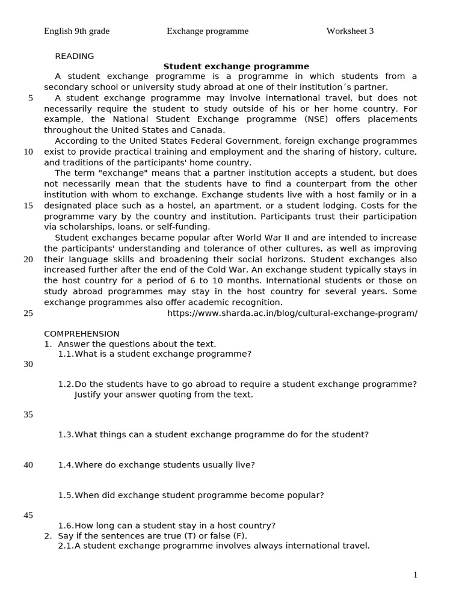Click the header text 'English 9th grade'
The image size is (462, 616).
tap(76, 31)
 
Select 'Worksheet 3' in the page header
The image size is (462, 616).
tap(350, 31)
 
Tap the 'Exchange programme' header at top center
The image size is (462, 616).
tap(208, 31)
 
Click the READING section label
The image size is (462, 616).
tap(75, 57)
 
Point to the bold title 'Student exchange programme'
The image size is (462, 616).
tap(236, 67)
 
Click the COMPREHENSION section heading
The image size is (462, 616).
tap(82, 334)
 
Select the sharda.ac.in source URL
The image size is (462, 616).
tap(292, 313)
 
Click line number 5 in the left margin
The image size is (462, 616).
tap(31, 98)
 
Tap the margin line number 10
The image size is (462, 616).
tap(28, 152)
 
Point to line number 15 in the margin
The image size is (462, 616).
tap(28, 206)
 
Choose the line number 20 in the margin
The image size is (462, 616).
tap(28, 260)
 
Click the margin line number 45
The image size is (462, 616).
tap(28, 516)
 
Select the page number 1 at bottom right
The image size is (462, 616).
tap(415, 575)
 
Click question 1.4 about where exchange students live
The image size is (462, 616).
tap(156, 465)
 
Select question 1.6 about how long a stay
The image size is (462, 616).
tap(167, 526)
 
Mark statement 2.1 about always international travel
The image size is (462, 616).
tap(214, 546)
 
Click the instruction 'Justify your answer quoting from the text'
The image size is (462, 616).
tap(164, 395)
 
